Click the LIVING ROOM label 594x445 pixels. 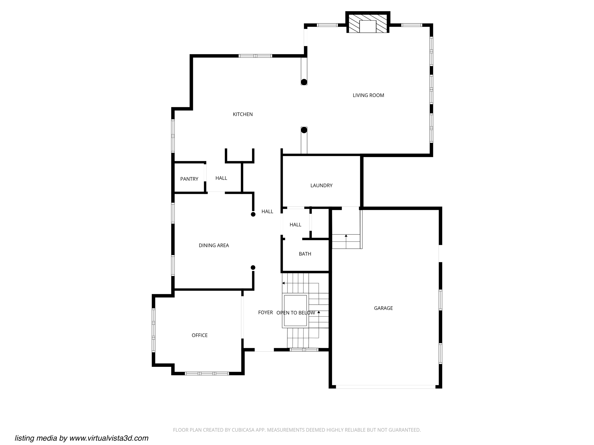pos(368,95)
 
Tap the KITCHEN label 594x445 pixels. pos(243,114)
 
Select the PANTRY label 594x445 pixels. pos(189,179)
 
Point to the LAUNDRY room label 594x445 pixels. pos(321,185)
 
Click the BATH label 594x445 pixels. pos(305,254)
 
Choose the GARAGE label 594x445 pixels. pos(383,308)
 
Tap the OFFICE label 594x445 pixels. pos(200,335)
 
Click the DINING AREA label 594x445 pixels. pos(214,245)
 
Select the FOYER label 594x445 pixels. pos(265,312)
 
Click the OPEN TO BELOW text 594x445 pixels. pos(296,313)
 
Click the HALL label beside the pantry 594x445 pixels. pos(221,178)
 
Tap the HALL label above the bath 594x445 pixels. pos(295,225)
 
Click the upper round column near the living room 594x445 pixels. pos(304,82)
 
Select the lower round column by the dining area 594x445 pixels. pos(253,267)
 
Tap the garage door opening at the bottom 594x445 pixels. pos(385,387)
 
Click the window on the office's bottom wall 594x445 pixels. pos(207,373)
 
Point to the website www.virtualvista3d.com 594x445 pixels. pos(109,438)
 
